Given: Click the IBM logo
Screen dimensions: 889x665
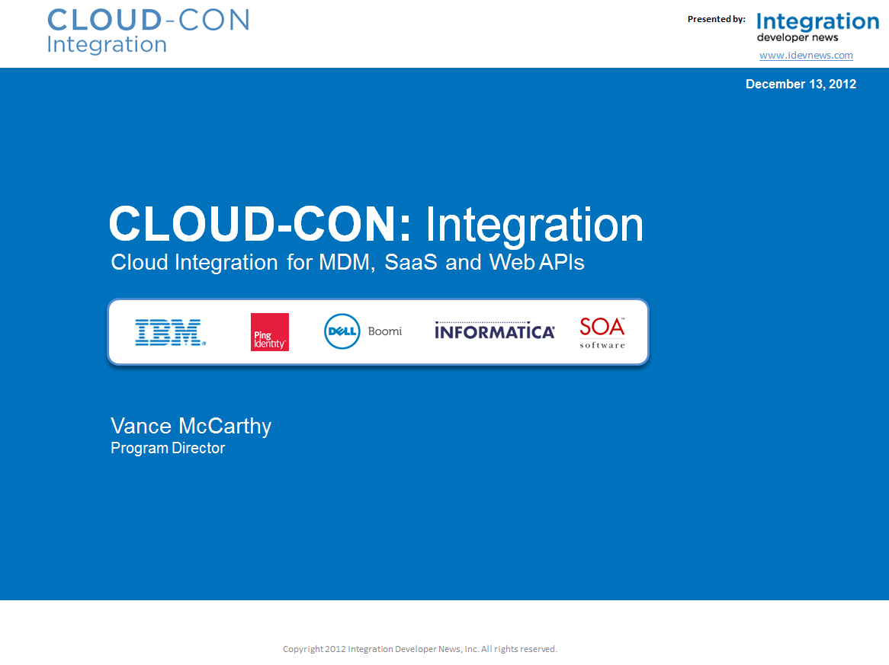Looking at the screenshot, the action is coord(170,332).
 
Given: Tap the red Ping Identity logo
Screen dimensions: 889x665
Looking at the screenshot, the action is coord(270,332).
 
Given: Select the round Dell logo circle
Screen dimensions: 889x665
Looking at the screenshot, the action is coord(342,331).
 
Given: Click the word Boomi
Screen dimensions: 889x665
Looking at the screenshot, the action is coord(385,331).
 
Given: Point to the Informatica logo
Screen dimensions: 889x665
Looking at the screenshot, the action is coord(494,331).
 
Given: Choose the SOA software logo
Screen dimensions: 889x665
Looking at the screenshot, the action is coord(602,332).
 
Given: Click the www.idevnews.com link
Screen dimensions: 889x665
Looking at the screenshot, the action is coord(806,55).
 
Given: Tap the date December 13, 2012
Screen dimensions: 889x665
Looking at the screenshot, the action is coord(801,85).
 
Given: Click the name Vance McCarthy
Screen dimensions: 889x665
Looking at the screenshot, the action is coord(191,427).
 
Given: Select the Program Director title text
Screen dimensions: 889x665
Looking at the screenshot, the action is coord(168,448).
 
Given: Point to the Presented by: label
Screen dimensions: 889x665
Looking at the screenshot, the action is coord(717,19).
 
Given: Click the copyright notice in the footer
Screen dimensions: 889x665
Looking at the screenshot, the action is coord(420,649).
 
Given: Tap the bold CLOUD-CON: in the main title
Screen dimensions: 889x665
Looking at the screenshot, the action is coord(260,224).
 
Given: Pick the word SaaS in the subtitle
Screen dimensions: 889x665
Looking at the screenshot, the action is coord(411,262).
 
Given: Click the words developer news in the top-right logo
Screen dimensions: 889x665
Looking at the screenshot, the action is coord(798,38).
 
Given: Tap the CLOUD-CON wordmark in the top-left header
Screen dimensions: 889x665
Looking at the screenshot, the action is coord(148,21).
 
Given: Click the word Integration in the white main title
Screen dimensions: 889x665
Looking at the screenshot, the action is coord(534,225).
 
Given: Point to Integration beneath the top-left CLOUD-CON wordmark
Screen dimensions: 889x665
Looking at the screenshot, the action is coord(107,45).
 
